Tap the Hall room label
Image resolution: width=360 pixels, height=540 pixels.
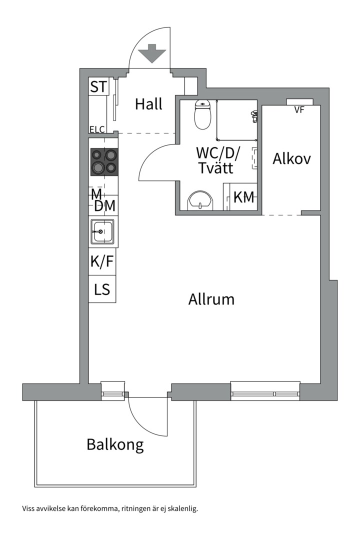[148, 103]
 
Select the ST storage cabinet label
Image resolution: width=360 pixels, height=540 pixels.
[99, 86]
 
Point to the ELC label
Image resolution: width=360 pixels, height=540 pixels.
[97, 129]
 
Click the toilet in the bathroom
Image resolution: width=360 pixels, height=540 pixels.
[202, 114]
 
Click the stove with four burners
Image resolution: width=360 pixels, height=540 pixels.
[104, 161]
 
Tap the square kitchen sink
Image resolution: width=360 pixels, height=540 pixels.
[102, 231]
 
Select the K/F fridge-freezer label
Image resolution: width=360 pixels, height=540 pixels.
[102, 261]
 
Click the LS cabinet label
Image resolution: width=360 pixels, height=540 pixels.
[102, 289]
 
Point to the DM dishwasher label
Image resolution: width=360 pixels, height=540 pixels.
[104, 206]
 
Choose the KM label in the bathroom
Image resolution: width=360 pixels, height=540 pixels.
[244, 197]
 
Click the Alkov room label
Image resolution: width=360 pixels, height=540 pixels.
[292, 159]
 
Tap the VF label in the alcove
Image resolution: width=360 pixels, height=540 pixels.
[299, 110]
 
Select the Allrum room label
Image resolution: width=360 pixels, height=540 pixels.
[211, 299]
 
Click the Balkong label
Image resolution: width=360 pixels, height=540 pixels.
[115, 445]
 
